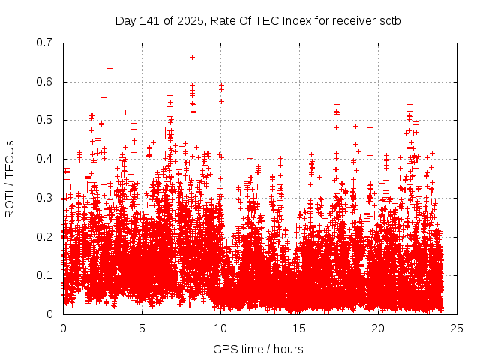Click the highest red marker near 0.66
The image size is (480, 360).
193,57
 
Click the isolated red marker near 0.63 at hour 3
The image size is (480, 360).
109,68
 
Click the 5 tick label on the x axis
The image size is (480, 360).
142,328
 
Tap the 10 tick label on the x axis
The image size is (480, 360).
220,328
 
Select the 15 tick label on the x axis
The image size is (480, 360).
299,328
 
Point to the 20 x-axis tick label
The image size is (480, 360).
378,328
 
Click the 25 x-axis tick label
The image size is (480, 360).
457,328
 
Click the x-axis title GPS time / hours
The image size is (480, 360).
258,349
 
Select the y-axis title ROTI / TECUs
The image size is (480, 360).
10,178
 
